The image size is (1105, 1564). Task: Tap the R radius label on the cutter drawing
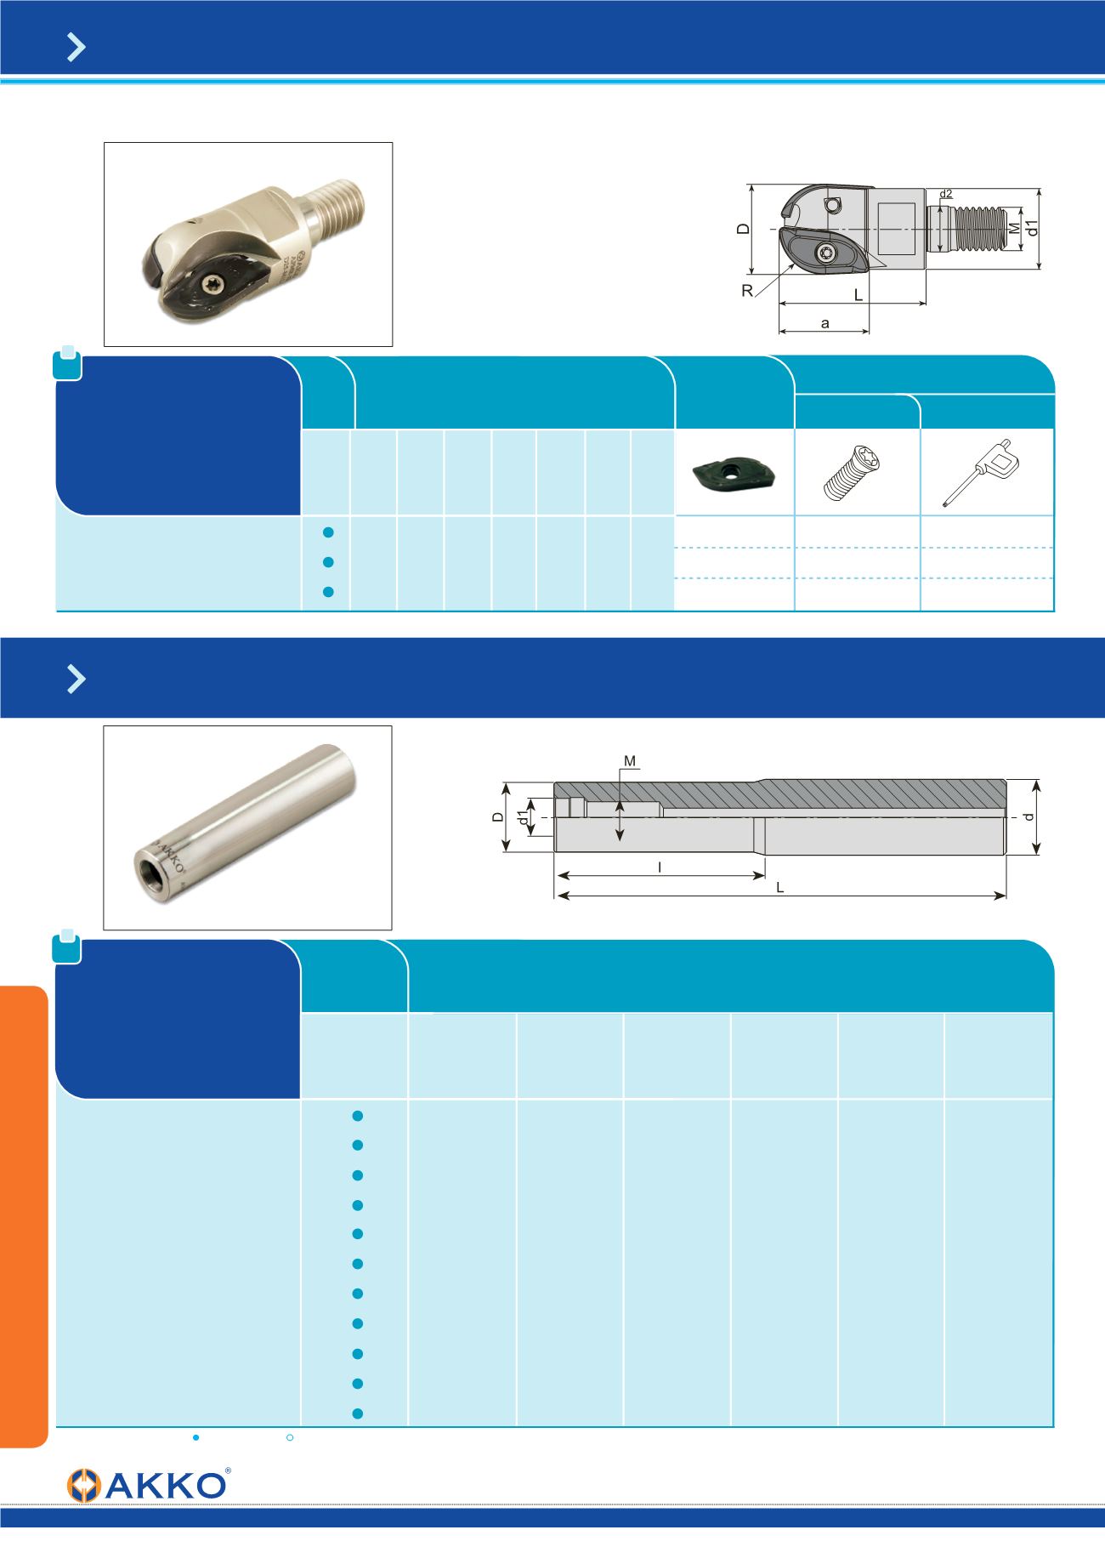(747, 291)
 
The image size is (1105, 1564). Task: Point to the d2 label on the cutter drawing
(946, 194)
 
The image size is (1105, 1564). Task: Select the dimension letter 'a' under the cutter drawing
(824, 323)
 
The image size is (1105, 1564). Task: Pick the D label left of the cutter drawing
(742, 230)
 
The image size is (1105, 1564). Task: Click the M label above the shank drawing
(630, 760)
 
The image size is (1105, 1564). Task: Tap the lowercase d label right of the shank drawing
(1028, 816)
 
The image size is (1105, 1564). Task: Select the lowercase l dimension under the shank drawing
(660, 867)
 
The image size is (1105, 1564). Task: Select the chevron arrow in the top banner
(76, 48)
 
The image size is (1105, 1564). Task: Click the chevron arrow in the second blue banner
(76, 679)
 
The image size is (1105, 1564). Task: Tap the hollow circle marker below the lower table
(290, 1437)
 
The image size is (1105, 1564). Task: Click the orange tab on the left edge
(23, 1216)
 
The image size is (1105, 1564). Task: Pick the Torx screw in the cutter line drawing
(828, 252)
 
